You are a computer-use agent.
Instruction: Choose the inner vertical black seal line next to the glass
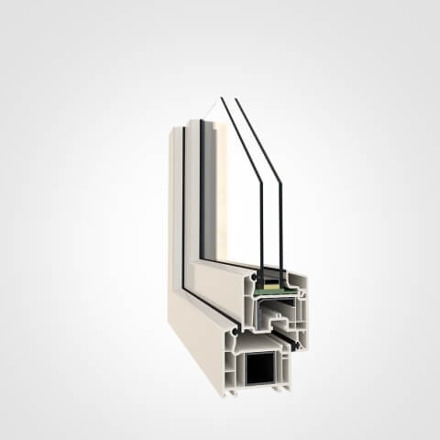[201, 192]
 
